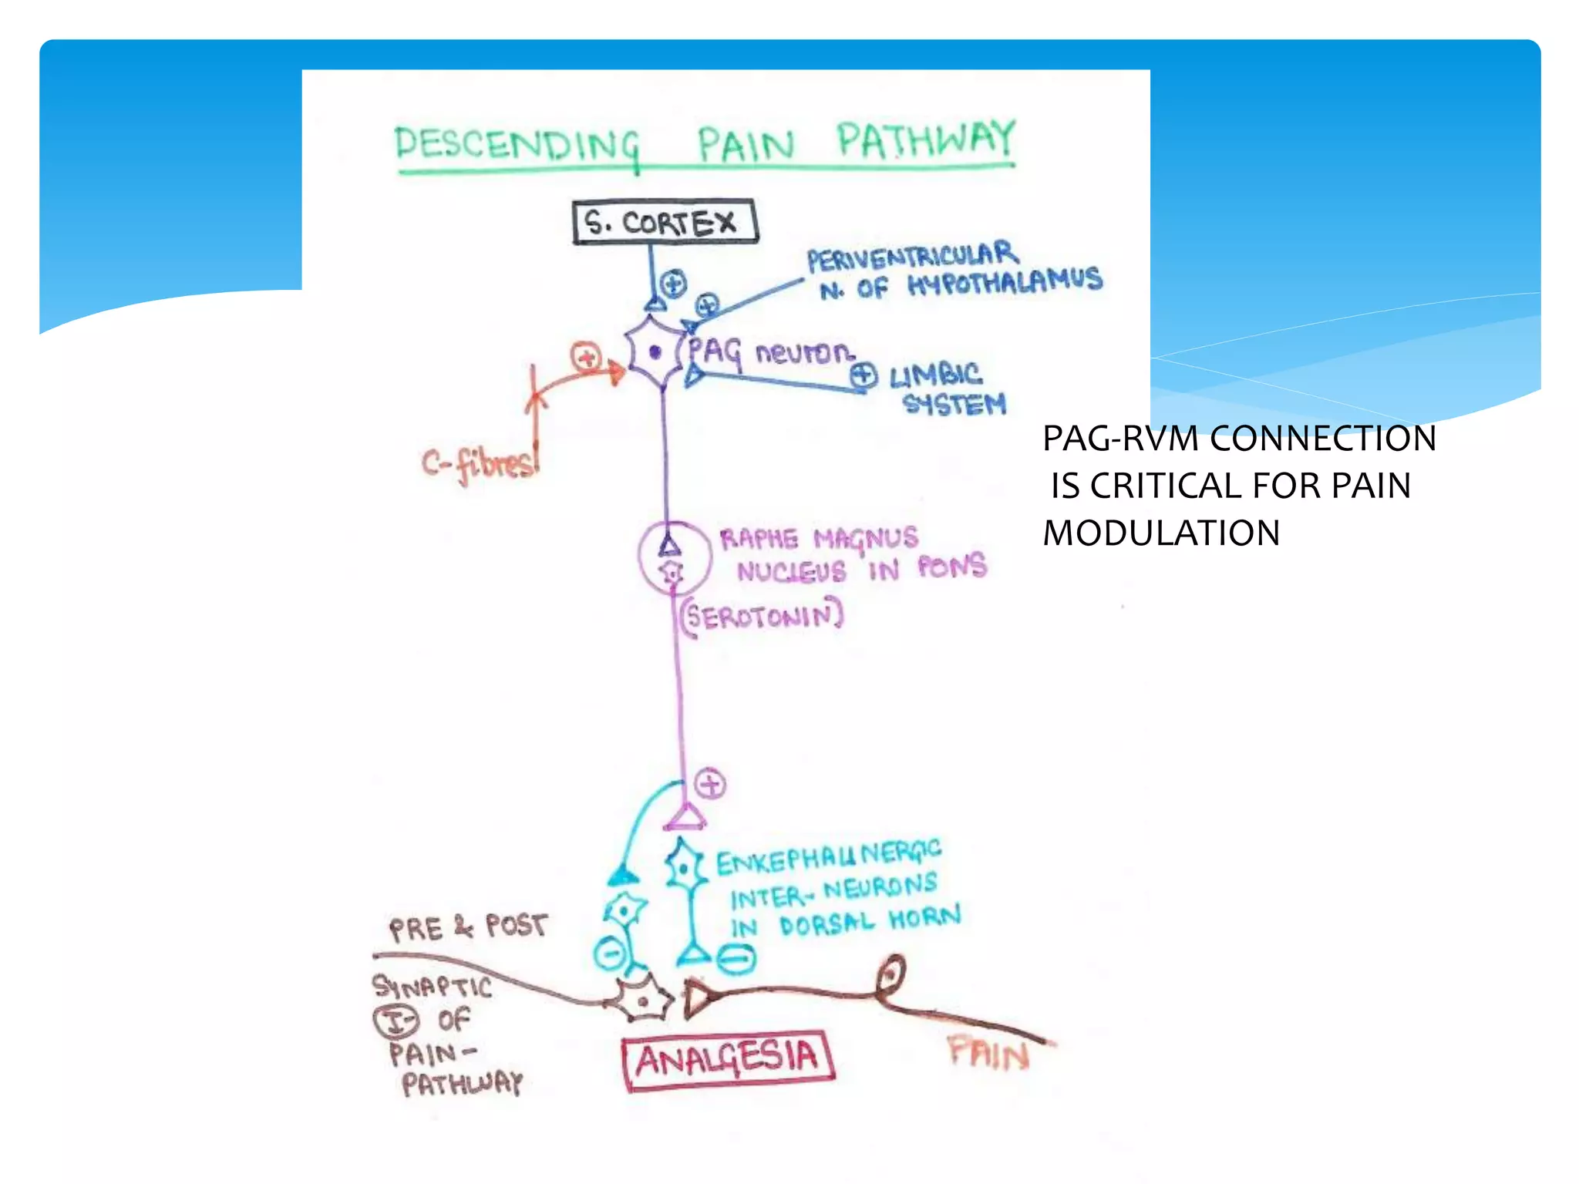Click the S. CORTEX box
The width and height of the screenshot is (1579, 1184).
665,223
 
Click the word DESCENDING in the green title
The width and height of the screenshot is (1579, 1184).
517,144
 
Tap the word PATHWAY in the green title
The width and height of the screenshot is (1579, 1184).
926,140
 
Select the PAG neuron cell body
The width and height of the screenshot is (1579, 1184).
655,353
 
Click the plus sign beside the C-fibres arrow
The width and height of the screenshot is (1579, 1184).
586,357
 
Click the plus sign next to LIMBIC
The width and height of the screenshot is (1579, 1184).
864,376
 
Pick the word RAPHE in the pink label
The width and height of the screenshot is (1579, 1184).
759,538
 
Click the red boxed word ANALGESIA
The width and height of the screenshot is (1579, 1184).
727,1060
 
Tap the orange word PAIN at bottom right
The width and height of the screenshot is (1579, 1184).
988,1053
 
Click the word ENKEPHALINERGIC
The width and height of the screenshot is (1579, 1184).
829,857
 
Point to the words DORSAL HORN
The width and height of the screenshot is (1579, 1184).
870,921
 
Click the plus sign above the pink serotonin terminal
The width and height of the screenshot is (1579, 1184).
710,785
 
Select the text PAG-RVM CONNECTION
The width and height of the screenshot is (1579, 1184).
1239,439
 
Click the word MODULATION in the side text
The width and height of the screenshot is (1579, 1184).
1161,533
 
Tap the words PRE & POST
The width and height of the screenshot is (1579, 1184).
468,927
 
